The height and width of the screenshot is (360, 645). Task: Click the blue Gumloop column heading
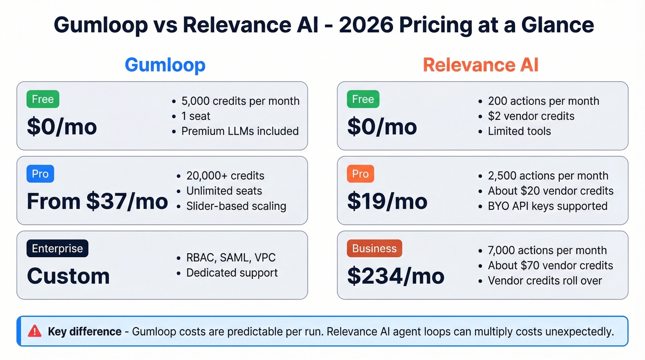pyautogui.click(x=165, y=65)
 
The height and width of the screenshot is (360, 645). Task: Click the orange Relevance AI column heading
pyautogui.click(x=481, y=65)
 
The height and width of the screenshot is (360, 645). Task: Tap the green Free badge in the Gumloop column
pyautogui.click(x=43, y=99)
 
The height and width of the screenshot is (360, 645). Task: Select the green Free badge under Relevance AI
pyautogui.click(x=363, y=99)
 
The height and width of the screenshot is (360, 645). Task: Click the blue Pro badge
pyautogui.click(x=40, y=174)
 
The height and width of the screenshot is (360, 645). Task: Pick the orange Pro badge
pyautogui.click(x=360, y=174)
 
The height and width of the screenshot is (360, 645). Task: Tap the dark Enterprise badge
pyautogui.click(x=57, y=248)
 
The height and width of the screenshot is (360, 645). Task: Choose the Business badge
pyautogui.click(x=374, y=248)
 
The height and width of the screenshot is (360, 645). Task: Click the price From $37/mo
pyautogui.click(x=97, y=201)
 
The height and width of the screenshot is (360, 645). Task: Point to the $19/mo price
pyautogui.click(x=387, y=201)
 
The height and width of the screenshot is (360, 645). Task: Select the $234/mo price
pyautogui.click(x=396, y=276)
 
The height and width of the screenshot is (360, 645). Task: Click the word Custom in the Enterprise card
pyautogui.click(x=68, y=276)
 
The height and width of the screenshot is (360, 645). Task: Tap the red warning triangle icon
pyautogui.click(x=35, y=331)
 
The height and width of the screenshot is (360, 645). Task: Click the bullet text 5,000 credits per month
pyautogui.click(x=240, y=101)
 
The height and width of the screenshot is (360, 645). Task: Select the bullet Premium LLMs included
pyautogui.click(x=240, y=131)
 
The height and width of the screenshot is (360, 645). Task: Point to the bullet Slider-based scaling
pyautogui.click(x=236, y=206)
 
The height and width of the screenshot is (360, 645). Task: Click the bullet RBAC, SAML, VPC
pyautogui.click(x=231, y=258)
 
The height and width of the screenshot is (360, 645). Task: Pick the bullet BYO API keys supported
pyautogui.click(x=548, y=206)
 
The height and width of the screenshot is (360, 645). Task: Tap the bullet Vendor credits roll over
pyautogui.click(x=545, y=280)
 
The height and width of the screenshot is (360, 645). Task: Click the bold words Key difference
pyautogui.click(x=85, y=331)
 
